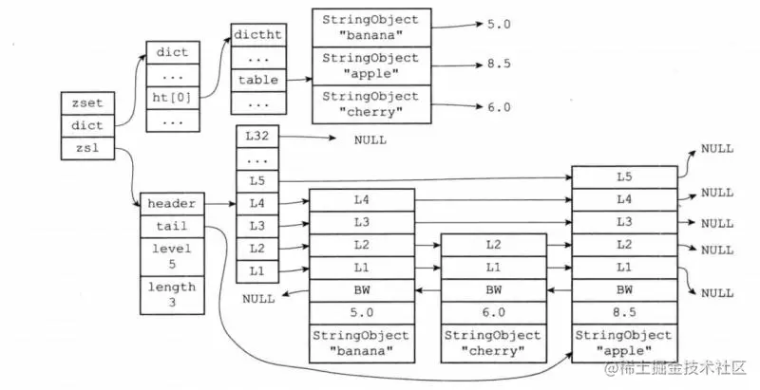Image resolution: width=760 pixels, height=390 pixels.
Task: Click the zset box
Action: [87, 103]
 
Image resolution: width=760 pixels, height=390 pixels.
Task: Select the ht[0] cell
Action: [173, 99]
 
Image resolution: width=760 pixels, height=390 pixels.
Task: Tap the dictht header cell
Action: [258, 35]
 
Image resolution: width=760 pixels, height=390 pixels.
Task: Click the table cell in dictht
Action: [258, 80]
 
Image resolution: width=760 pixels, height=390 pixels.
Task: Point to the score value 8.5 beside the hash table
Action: [499, 64]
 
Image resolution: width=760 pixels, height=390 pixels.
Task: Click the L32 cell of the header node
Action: [257, 136]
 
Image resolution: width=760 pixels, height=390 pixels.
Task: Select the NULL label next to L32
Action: [370, 140]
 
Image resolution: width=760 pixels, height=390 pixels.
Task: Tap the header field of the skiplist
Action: [172, 204]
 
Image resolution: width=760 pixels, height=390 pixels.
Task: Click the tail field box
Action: [172, 227]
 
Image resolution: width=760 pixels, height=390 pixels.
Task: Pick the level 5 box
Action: [172, 257]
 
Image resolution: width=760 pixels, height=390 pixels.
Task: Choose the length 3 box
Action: [172, 295]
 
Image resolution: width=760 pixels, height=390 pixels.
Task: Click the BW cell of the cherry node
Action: [493, 290]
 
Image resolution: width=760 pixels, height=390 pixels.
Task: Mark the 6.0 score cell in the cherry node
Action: [493, 312]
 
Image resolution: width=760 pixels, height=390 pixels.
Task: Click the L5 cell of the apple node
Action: [624, 177]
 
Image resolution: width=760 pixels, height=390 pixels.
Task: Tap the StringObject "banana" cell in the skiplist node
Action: [362, 344]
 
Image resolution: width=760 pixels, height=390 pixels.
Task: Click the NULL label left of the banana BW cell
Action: [258, 299]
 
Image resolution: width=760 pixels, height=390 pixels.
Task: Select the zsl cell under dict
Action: [87, 148]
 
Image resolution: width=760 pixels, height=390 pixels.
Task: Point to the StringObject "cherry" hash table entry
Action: [371, 104]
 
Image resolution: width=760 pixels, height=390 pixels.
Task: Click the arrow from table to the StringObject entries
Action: [299, 80]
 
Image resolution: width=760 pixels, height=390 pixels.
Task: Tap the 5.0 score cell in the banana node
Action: [362, 312]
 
